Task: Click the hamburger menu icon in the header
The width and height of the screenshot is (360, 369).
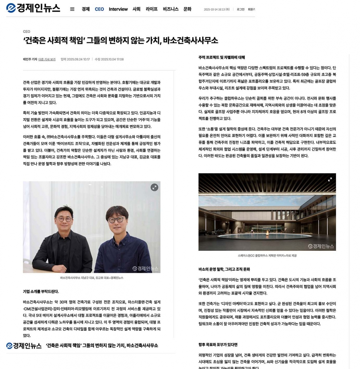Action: pos(72,9)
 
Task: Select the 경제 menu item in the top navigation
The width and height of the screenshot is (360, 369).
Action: pos(85,9)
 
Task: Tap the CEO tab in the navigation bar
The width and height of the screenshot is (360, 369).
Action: pos(99,9)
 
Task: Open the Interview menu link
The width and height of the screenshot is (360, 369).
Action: pos(118,9)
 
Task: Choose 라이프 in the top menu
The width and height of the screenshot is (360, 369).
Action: pos(151,9)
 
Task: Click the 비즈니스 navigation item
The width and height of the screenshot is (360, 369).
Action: pos(171,9)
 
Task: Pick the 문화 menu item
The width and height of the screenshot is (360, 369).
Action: pos(187,9)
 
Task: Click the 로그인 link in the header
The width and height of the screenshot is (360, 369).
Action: pos(240,10)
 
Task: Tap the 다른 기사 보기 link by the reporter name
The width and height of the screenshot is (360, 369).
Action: pos(47,59)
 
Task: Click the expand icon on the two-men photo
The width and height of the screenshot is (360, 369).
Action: pos(154,187)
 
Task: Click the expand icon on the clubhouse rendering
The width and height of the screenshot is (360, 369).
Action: pos(330,179)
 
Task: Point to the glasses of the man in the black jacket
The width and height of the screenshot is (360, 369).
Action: pos(65,219)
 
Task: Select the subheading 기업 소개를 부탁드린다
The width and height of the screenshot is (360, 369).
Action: pos(41,291)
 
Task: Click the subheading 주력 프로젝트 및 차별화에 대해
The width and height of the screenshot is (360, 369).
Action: pos(222,57)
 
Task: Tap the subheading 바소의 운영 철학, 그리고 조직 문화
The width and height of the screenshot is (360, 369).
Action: pos(224,269)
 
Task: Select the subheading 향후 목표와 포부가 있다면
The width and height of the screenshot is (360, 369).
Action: pos(218,345)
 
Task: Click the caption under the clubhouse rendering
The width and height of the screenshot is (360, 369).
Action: pos(267,256)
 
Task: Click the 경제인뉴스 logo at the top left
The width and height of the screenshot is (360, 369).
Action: pos(33,8)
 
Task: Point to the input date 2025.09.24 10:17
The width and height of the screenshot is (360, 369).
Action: pos(75,59)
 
